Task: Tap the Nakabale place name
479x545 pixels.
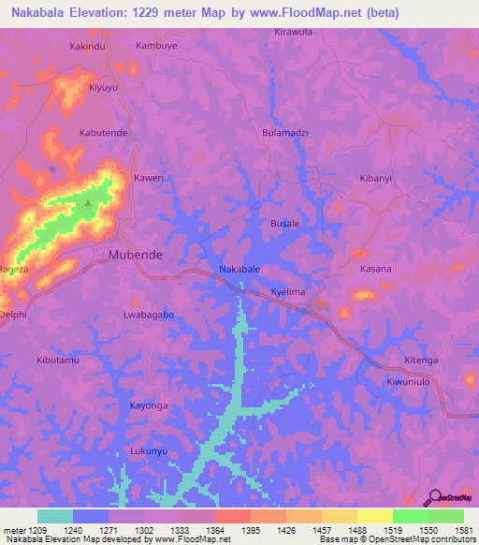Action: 239,269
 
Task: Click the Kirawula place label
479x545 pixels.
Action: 293,31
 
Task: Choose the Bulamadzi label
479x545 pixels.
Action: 285,133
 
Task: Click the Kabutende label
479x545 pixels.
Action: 103,133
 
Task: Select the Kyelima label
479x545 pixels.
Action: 288,292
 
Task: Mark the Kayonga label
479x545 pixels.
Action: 149,405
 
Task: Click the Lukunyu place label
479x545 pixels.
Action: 149,450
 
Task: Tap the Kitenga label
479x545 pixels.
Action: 421,360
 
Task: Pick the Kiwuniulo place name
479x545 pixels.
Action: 413,382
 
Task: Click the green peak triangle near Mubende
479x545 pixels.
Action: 89,202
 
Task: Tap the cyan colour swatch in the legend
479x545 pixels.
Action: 55,516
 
